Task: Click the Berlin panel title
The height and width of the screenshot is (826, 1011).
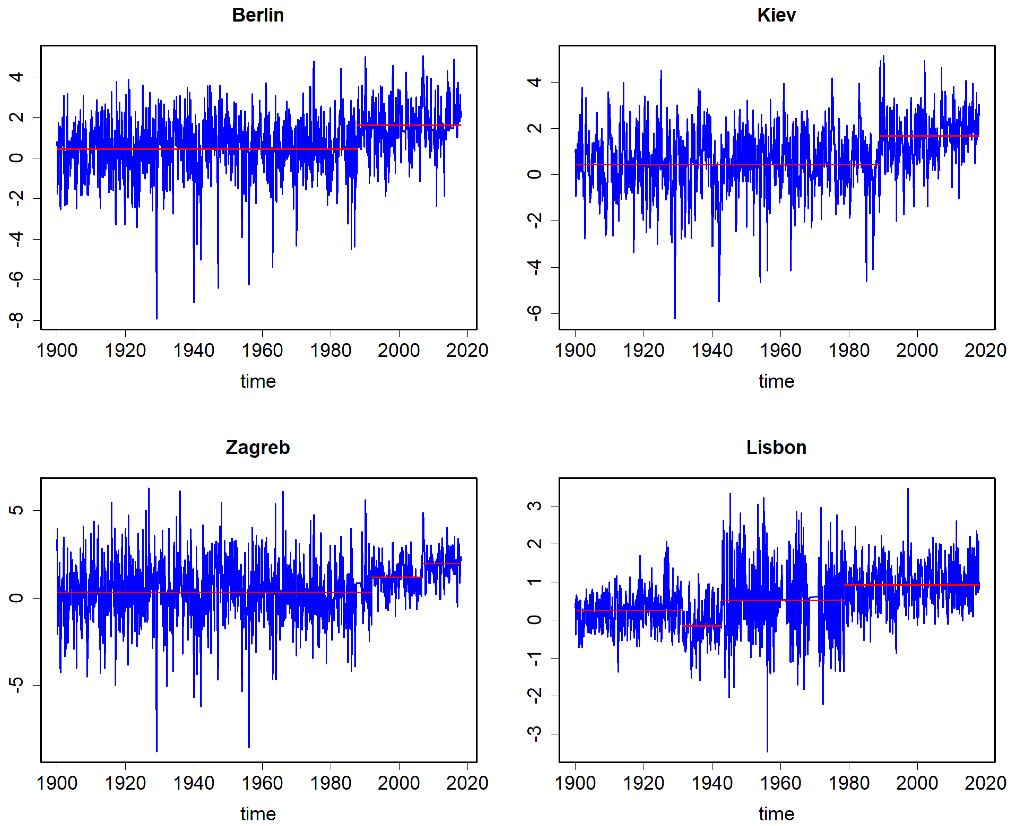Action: pos(258,15)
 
